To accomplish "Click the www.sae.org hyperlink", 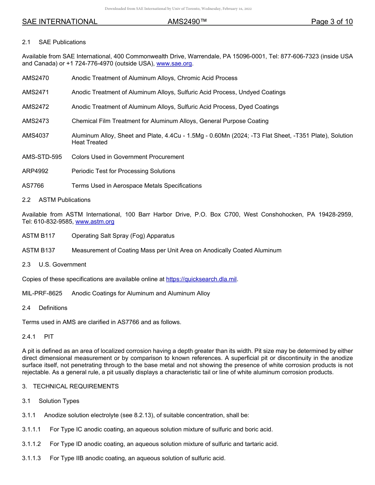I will coord(174,63).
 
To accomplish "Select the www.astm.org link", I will coord(95,222).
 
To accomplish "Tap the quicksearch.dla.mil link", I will coord(201,279).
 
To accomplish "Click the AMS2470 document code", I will coord(36,78).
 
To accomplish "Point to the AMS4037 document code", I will coord(36,136).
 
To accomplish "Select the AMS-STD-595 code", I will coord(42,157).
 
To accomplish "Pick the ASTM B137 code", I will coord(39,250).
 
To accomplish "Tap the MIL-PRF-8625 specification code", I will coord(42,293).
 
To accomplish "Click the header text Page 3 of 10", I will coord(332,22).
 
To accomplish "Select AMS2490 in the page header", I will coord(187,22).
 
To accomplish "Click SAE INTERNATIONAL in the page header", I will coord(60,22).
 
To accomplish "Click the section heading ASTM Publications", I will coord(64,200).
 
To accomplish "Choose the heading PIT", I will coord(49,337).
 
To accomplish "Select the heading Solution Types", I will coord(59,401).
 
